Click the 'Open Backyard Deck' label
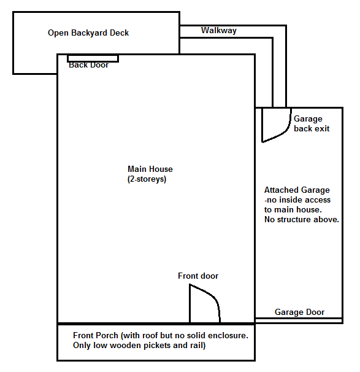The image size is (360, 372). click(x=88, y=33)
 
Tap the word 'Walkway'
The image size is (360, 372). click(x=219, y=30)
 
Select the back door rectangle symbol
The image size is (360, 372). click(x=93, y=58)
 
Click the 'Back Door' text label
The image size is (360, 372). click(x=89, y=65)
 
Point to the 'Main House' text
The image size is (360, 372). click(x=150, y=169)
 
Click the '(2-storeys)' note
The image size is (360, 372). click(x=147, y=179)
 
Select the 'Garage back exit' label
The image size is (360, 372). click(x=312, y=123)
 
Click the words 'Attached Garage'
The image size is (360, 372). click(x=297, y=190)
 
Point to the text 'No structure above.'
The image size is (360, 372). click(x=302, y=219)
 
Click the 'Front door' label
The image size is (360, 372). click(x=198, y=276)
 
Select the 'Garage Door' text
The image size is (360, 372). click(x=299, y=312)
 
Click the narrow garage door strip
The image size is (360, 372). click(x=299, y=320)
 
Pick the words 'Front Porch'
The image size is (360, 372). click(x=96, y=335)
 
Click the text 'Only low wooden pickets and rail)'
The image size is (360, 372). click(x=139, y=346)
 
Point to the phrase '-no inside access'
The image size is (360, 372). click(x=297, y=200)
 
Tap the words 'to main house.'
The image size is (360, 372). click(x=293, y=210)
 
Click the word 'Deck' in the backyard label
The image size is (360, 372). click(x=119, y=33)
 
